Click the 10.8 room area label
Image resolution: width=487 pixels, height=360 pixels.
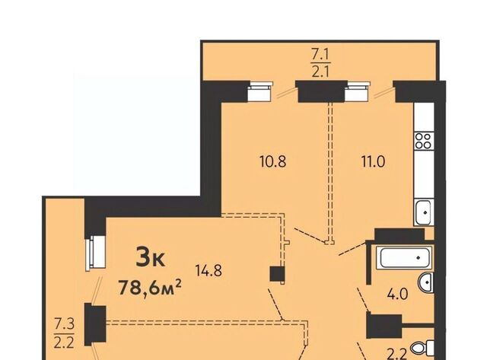(272, 162)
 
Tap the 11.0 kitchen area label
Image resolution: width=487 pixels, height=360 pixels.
(373, 162)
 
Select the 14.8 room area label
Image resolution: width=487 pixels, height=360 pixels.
(208, 271)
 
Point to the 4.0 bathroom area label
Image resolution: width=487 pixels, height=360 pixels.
(397, 294)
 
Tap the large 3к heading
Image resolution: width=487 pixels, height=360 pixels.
(151, 258)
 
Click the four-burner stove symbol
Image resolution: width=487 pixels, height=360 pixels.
(424, 141)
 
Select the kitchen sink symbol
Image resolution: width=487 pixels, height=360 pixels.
(423, 212)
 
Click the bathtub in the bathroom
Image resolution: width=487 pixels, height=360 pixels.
(403, 257)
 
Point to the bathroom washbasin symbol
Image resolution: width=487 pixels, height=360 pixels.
(426, 282)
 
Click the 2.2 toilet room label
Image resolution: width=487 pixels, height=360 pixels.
(396, 353)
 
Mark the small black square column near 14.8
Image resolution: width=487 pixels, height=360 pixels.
(277, 274)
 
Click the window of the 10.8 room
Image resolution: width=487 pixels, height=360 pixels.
(260, 91)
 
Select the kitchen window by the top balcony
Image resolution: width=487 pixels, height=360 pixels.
(357, 91)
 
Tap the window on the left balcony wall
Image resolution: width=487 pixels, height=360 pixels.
(96, 253)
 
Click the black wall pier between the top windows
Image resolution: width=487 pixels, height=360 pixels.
(321, 91)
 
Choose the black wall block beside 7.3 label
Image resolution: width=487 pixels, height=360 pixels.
(95, 324)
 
